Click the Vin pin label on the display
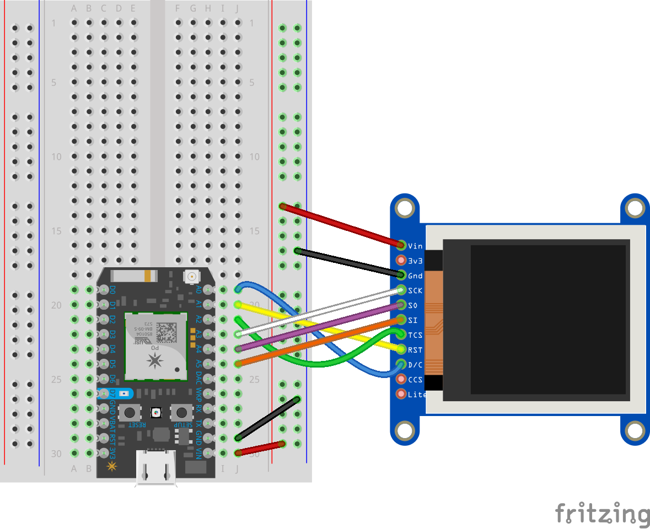click(x=415, y=246)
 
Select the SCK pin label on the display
click(x=415, y=290)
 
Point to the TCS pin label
click(x=415, y=334)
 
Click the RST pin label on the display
click(x=415, y=349)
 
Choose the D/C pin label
click(x=415, y=364)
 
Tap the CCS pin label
click(x=415, y=379)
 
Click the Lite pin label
click(x=417, y=395)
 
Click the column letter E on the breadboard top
click(x=133, y=9)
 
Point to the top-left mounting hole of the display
click(x=405, y=208)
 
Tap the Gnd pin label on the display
click(x=415, y=276)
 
